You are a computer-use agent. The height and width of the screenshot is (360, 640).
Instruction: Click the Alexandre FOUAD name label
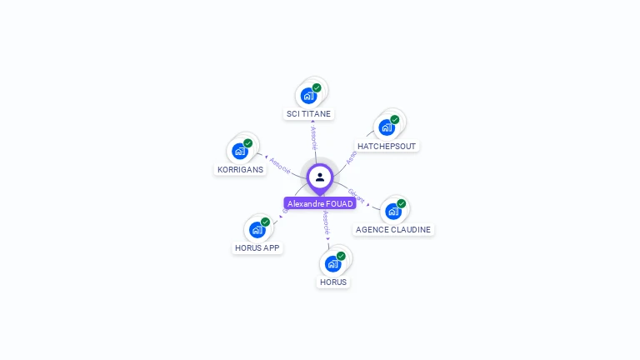[x=321, y=203]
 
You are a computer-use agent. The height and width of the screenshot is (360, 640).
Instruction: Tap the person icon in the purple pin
[x=320, y=177]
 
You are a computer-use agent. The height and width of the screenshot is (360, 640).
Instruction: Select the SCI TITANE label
[x=308, y=113]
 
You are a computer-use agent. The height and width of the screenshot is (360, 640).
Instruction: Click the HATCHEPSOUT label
[x=386, y=146]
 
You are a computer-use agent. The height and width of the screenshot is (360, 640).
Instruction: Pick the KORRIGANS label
[x=240, y=169]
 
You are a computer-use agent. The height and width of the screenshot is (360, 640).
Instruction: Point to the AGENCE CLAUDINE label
[x=393, y=229]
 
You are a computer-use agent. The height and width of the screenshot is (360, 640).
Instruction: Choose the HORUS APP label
[x=257, y=247]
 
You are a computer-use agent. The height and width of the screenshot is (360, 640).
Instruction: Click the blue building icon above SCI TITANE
[x=308, y=95]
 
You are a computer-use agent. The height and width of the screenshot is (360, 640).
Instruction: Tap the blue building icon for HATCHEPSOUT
[x=386, y=127]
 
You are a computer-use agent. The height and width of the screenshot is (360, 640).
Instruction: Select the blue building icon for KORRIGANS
[x=240, y=151]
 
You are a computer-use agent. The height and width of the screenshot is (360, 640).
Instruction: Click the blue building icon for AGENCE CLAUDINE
[x=392, y=211]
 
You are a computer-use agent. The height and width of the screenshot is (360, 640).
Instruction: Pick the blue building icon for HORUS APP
[x=257, y=229]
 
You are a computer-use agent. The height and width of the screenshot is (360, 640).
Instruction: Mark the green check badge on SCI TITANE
[x=317, y=87]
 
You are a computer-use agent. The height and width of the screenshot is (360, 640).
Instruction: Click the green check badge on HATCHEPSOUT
[x=395, y=119]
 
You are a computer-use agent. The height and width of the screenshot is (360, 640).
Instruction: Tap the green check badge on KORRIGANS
[x=247, y=143]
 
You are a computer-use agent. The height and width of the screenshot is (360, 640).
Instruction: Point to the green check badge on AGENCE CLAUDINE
[x=401, y=203]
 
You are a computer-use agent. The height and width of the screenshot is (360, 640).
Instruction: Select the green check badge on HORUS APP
[x=265, y=222]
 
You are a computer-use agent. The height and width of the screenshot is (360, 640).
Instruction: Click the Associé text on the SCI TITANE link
[x=313, y=138]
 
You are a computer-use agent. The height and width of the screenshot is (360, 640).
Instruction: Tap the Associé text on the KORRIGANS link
[x=280, y=165]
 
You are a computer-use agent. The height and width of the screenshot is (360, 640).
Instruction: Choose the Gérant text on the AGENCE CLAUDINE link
[x=356, y=195]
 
